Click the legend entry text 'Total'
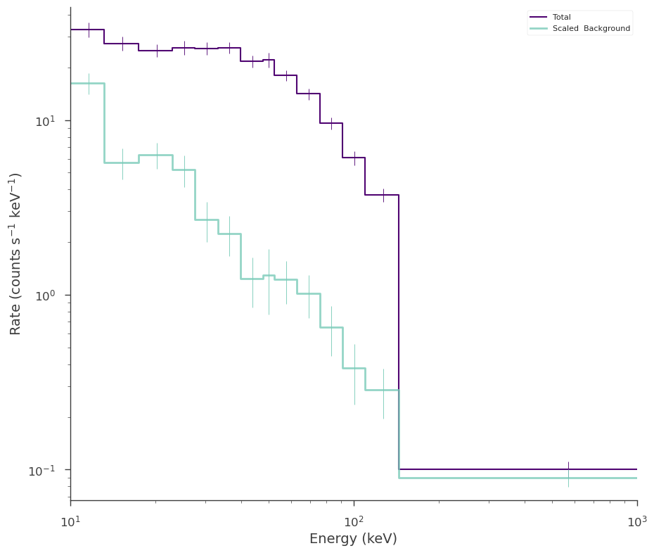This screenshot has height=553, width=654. click(x=561, y=17)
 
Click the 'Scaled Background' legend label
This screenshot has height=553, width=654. click(x=591, y=28)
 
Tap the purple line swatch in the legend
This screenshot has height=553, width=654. click(x=538, y=17)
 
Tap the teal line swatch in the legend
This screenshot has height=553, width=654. click(x=538, y=28)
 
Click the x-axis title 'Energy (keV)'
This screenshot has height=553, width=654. click(x=353, y=539)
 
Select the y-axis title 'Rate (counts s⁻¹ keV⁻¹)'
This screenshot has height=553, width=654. click(x=15, y=254)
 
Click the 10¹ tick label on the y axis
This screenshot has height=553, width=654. click(x=45, y=122)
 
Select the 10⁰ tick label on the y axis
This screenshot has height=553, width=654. click(x=45, y=296)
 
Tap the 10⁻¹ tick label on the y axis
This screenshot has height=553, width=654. click(x=41, y=471)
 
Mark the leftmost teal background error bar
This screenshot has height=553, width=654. click(x=89, y=84)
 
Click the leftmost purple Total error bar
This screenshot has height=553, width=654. click(x=89, y=30)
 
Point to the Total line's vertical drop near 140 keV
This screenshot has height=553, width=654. click(x=399, y=332)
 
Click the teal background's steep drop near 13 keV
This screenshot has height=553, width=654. click(x=104, y=123)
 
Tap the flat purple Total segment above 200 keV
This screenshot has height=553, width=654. click(x=518, y=469)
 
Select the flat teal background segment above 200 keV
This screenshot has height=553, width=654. click(x=518, y=478)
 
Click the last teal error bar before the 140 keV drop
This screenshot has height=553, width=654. click(x=383, y=393)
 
